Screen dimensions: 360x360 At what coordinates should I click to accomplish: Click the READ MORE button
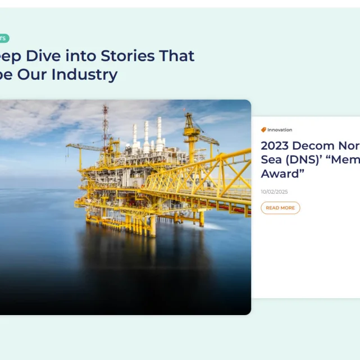click(x=280, y=208)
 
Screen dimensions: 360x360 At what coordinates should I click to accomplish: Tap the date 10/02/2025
click(x=274, y=192)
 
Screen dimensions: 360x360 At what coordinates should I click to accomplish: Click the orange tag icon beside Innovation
click(x=263, y=130)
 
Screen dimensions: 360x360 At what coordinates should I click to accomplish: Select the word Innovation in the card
click(x=280, y=130)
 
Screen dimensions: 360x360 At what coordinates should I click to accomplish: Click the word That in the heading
click(x=176, y=56)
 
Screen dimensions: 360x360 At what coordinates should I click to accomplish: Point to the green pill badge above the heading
click(x=3, y=38)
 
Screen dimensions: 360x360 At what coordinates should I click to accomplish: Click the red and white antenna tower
click(x=105, y=122)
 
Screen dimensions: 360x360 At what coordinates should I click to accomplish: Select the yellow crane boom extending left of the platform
click(x=84, y=147)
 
